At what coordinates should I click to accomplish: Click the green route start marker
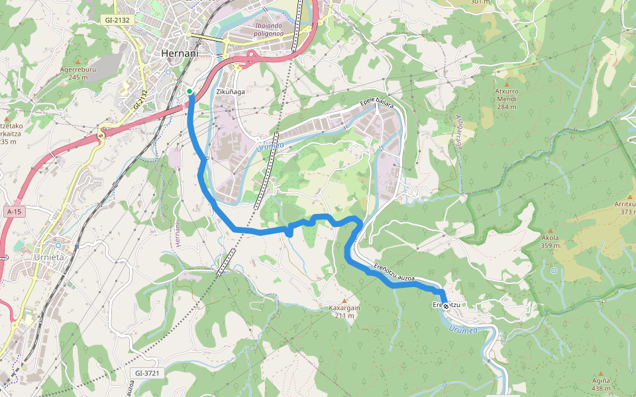pyautogui.click(x=189, y=91)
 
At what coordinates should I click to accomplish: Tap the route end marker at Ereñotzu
pyautogui.click(x=446, y=306)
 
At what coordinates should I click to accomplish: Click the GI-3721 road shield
pyautogui.click(x=146, y=373)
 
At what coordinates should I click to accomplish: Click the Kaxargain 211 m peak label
pyautogui.click(x=344, y=312)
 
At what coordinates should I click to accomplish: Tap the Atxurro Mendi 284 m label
pyautogui.click(x=506, y=99)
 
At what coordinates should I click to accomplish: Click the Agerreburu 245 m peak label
pyautogui.click(x=78, y=73)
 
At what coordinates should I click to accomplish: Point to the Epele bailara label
pyautogui.click(x=376, y=103)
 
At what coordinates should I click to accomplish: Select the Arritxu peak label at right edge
pyautogui.click(x=624, y=208)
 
